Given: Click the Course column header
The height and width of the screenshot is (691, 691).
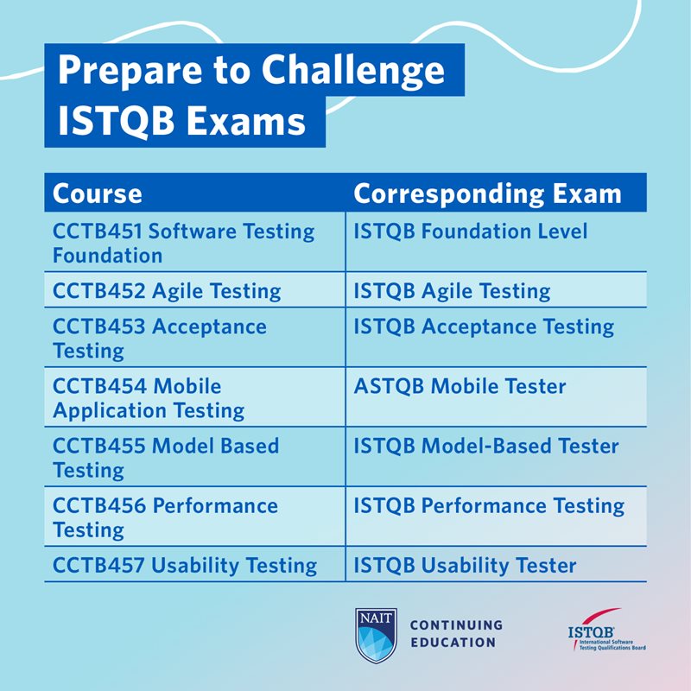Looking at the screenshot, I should click(x=98, y=193).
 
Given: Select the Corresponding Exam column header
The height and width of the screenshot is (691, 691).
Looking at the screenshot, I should click(x=487, y=193).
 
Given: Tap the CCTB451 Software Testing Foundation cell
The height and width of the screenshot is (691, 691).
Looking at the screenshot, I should click(x=183, y=244).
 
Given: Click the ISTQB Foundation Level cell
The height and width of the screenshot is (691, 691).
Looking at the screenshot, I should click(x=471, y=231).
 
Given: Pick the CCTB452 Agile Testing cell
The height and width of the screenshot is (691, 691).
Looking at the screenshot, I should click(x=167, y=291).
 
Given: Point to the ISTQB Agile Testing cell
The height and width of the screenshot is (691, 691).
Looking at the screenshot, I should click(x=452, y=291).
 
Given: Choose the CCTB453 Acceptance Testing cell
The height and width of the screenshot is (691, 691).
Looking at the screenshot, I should click(x=160, y=339).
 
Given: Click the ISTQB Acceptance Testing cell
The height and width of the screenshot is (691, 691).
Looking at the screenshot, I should click(x=484, y=326).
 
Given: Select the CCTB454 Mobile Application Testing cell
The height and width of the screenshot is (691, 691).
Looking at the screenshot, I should click(x=149, y=398).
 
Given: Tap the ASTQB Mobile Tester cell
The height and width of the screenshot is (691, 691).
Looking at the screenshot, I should click(x=460, y=386).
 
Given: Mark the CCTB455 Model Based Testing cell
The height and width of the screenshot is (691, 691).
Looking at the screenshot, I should click(x=166, y=458).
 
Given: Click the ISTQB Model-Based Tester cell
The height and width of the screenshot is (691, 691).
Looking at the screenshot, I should click(x=486, y=446).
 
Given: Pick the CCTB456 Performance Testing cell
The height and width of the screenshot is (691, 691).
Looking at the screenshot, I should click(x=165, y=517).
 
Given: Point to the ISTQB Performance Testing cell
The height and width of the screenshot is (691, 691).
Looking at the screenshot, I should click(x=489, y=505).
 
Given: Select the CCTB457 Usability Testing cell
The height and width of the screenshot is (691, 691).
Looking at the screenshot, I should click(x=185, y=566).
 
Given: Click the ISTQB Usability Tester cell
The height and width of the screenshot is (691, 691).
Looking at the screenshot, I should click(x=465, y=566).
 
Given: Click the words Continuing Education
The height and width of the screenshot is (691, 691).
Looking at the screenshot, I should click(x=455, y=633).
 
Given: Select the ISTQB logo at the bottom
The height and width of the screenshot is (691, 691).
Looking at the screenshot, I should click(x=605, y=632).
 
